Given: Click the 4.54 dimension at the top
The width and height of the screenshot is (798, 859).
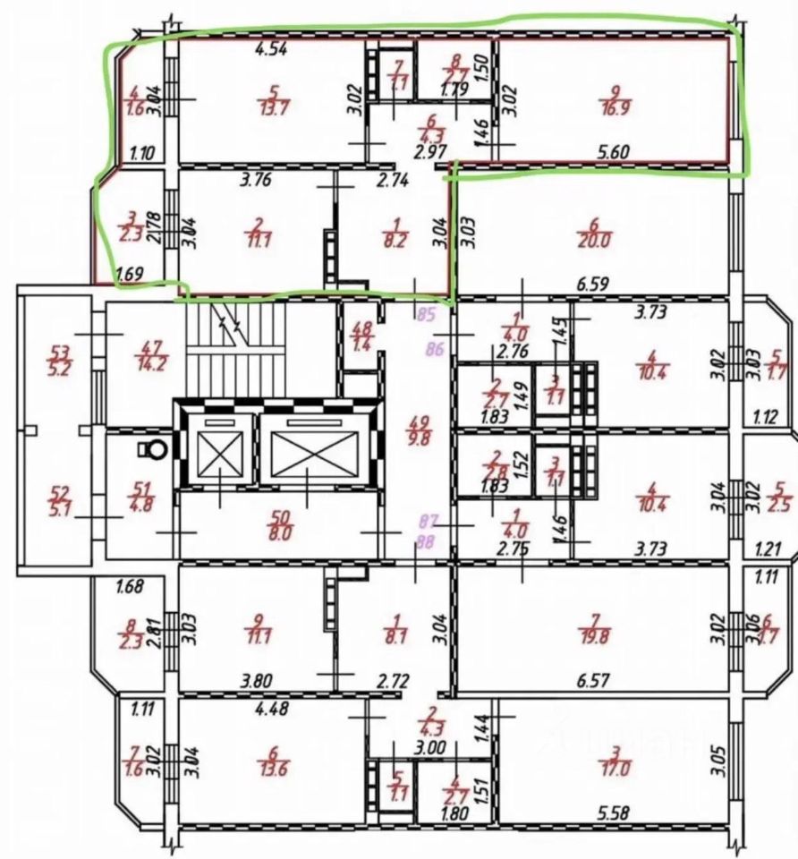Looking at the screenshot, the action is pos(270,50).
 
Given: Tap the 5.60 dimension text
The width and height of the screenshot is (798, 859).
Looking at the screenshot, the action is pos(612,152).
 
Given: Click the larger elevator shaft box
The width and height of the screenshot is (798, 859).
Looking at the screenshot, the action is pos(307,445).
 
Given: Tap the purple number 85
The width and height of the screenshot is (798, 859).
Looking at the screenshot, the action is pos(426,314).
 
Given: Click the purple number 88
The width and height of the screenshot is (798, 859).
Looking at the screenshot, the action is pos(426,540).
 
